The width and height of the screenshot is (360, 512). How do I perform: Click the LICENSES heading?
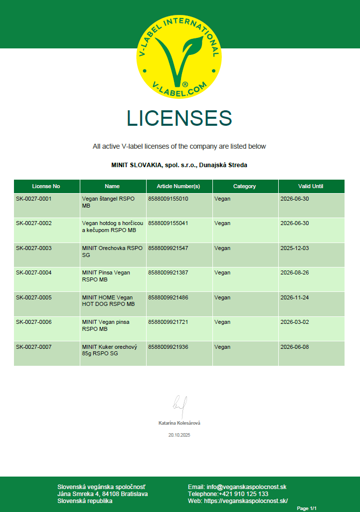pyautogui.click(x=180, y=118)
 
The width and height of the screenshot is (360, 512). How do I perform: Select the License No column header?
pyautogui.click(x=46, y=186)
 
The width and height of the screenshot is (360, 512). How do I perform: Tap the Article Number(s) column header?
pyautogui.click(x=179, y=186)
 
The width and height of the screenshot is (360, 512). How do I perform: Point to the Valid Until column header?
pyautogui.click(x=311, y=186)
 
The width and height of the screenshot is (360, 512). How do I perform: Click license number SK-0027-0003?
pyautogui.click(x=33, y=248)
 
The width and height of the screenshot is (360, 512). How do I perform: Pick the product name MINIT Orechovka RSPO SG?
pyautogui.click(x=112, y=251)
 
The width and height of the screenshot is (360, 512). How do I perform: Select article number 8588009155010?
pyautogui.click(x=168, y=199)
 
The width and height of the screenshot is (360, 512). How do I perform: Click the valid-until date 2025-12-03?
pyautogui.click(x=295, y=248)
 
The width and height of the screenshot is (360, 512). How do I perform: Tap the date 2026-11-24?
pyautogui.click(x=295, y=297)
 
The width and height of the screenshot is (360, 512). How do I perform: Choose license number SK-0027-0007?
pyautogui.click(x=33, y=347)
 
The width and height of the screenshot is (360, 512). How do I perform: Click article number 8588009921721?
pyautogui.click(x=168, y=322)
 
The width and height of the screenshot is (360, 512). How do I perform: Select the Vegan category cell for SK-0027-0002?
pyautogui.click(x=222, y=223)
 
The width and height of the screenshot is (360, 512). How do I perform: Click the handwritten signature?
pyautogui.click(x=180, y=404)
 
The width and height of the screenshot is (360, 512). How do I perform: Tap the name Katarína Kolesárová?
pyautogui.click(x=180, y=423)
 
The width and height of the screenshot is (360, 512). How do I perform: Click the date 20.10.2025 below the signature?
pyautogui.click(x=180, y=435)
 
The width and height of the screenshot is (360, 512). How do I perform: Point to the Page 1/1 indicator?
pyautogui.click(x=307, y=508)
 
